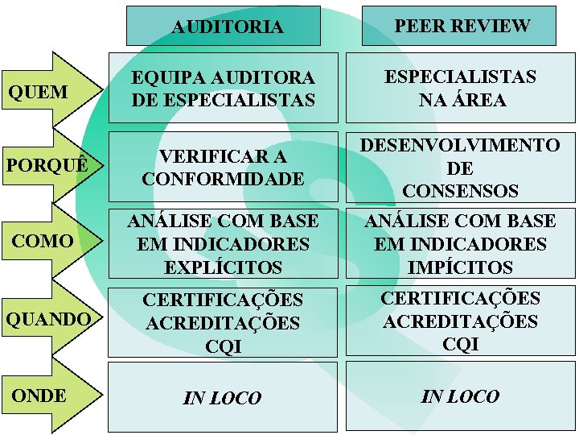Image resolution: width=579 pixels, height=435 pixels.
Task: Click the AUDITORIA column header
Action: (227, 27)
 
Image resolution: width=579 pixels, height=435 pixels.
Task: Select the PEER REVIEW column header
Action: (462, 26)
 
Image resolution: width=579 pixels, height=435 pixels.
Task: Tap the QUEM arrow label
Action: (38, 92)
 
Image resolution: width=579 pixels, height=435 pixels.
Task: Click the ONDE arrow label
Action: (39, 396)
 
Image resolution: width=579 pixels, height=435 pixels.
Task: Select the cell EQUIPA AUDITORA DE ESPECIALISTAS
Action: (223, 89)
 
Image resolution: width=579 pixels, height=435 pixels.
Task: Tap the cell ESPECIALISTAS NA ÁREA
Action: (461, 88)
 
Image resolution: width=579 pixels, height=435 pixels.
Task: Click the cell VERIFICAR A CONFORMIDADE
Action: (223, 167)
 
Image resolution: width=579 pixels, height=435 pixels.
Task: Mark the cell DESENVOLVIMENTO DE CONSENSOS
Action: (460, 168)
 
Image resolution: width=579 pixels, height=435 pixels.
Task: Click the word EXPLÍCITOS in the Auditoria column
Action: (223, 267)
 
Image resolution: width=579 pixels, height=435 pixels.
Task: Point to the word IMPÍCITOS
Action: (460, 267)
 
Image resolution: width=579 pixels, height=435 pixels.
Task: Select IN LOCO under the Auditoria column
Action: (223, 398)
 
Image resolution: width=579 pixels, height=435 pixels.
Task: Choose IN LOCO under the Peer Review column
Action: (461, 396)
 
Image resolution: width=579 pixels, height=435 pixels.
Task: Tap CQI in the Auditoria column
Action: (223, 347)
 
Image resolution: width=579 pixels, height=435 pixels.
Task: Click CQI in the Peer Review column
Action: (461, 345)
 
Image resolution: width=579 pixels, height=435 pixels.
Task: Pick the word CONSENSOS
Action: (460, 191)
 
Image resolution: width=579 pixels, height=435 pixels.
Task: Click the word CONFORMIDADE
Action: (223, 178)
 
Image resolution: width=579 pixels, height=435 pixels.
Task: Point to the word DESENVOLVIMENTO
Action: (460, 145)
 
